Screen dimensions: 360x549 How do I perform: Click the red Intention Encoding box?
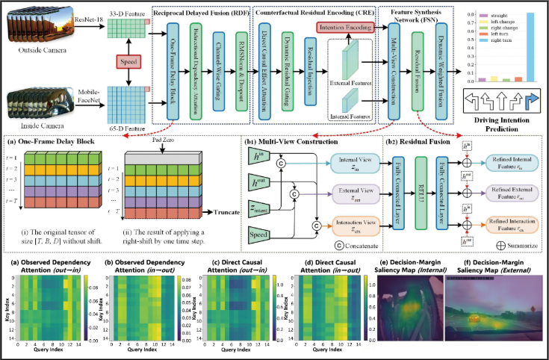click(347, 27)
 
